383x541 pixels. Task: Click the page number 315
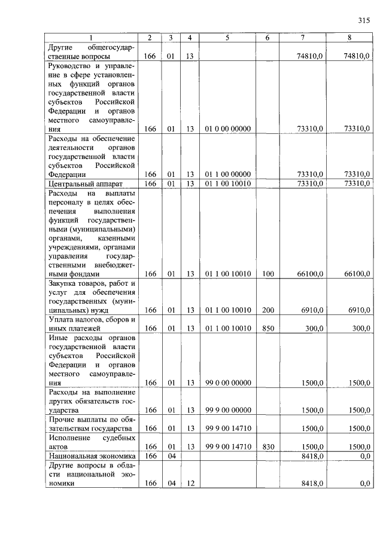click(364, 20)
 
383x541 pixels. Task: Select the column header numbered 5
click(227, 38)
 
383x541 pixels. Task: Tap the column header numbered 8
click(349, 38)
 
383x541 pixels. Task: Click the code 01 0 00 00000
click(227, 129)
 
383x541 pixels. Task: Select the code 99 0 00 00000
click(227, 383)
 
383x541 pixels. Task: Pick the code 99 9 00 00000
click(227, 410)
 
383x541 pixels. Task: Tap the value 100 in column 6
click(268, 274)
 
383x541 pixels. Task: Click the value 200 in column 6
click(268, 310)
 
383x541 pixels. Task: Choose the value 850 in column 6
click(268, 328)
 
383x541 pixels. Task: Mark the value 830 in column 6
click(268, 447)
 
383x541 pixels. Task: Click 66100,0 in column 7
click(310, 274)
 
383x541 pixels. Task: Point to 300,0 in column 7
click(314, 328)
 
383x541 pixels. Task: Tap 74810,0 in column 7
click(310, 56)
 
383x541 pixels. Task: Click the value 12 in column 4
click(189, 484)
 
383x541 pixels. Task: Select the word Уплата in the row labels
click(62, 319)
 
